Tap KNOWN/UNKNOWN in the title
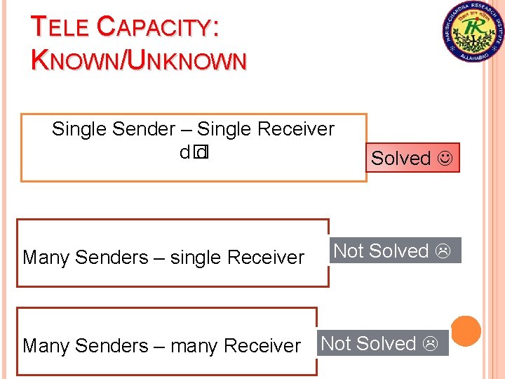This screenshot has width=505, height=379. click(x=139, y=60)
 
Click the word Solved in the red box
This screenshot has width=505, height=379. click(x=400, y=159)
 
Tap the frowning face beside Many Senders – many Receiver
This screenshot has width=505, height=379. click(x=430, y=344)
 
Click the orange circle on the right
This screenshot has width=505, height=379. click(x=466, y=331)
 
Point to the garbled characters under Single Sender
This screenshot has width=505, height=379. click(x=194, y=152)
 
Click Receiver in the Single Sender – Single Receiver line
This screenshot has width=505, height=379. click(x=296, y=129)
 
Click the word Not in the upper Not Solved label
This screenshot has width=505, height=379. click(x=348, y=251)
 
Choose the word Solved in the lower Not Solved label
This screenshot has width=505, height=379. click(x=387, y=344)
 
